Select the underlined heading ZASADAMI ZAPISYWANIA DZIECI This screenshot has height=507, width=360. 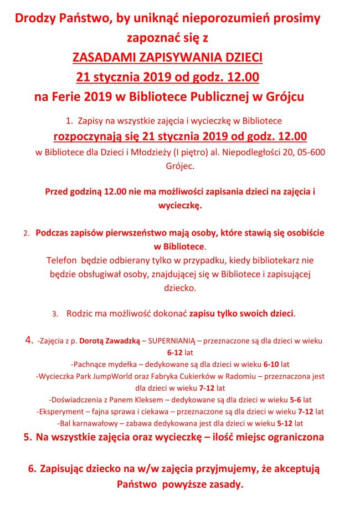(x=168, y=57)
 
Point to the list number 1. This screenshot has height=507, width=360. (x=69, y=120)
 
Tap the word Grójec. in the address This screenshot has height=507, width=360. (x=180, y=165)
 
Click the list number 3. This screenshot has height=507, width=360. (x=55, y=314)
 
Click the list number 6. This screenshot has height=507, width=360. (x=32, y=469)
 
